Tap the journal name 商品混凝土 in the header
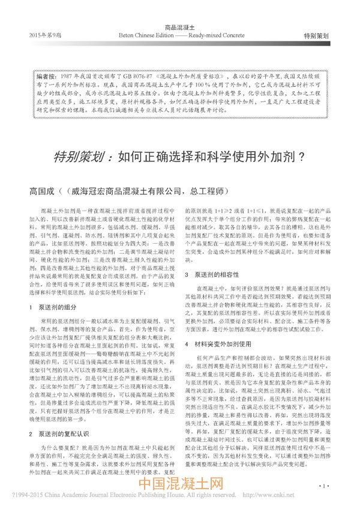(x=180, y=28)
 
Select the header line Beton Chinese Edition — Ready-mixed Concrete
(x=180, y=35)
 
